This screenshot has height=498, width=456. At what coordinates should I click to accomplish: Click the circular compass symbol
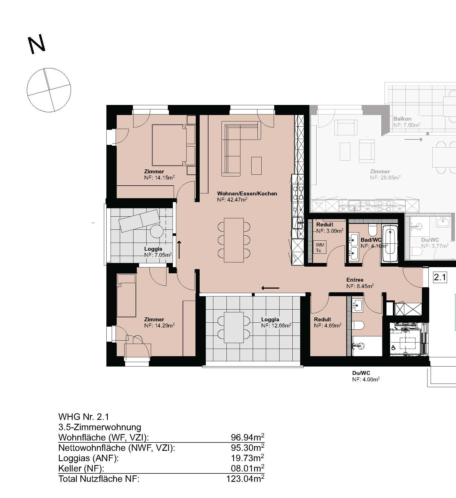tap(49, 90)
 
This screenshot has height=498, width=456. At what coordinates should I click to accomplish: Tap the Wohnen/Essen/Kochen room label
tap(247, 193)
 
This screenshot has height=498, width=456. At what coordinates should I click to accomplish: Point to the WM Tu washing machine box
tap(320, 248)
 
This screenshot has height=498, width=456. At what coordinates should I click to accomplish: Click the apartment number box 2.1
tap(440, 277)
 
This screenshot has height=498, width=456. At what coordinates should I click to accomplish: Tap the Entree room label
tap(355, 280)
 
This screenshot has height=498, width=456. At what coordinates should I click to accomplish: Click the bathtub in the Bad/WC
tap(389, 244)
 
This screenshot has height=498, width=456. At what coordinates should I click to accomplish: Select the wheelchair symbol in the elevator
tap(394, 348)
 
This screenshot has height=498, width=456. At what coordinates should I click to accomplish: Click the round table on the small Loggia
tap(157, 231)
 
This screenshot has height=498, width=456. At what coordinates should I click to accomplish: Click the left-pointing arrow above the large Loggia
tap(270, 288)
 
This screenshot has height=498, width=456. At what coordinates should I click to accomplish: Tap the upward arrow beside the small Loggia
tap(179, 249)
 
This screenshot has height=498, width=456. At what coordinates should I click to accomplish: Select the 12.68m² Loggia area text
tap(276, 325)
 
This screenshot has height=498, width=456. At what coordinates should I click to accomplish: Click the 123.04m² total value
tap(245, 479)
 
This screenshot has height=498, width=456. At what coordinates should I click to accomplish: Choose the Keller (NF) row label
tap(81, 468)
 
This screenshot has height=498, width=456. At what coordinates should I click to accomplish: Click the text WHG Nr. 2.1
tap(83, 417)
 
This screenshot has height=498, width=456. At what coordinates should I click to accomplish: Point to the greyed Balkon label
tap(402, 119)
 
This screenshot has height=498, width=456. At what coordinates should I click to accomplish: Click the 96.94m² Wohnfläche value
tap(247, 437)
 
